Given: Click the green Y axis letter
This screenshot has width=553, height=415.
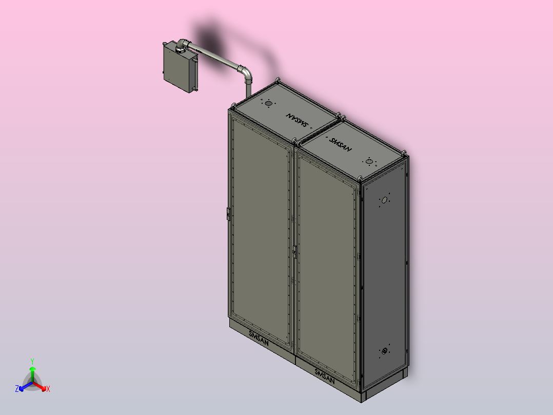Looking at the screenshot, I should (x=32, y=361).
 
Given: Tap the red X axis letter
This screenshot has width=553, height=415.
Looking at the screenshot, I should (x=48, y=389).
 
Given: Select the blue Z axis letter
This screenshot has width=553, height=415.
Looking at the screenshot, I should (x=16, y=389).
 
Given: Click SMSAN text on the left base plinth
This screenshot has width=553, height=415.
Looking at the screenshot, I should (x=262, y=336).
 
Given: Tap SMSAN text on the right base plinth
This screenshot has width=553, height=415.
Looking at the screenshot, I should (x=325, y=375).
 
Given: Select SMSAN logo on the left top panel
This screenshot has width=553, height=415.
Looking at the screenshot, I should (x=298, y=120).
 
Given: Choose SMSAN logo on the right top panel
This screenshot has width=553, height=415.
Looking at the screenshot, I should (x=341, y=144).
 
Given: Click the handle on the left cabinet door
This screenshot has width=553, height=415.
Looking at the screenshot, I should (x=228, y=213).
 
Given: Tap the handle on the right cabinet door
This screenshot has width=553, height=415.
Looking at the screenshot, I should (x=294, y=251).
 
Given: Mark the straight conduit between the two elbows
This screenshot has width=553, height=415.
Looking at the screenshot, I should (x=215, y=58).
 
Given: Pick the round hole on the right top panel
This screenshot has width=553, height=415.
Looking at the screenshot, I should (x=369, y=162).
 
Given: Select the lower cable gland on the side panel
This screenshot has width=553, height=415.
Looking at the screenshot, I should (x=384, y=351).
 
